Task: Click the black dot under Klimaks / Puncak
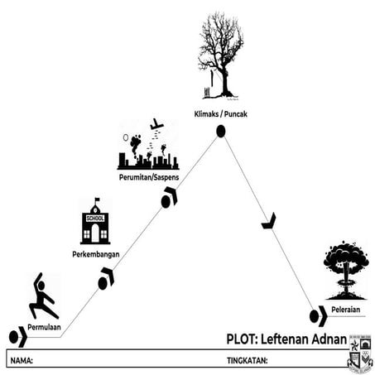pos(221,131)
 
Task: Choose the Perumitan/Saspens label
pos(147,176)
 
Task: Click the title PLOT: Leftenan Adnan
pos(286,339)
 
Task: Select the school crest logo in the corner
pos(360,352)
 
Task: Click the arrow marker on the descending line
pos(268,221)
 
